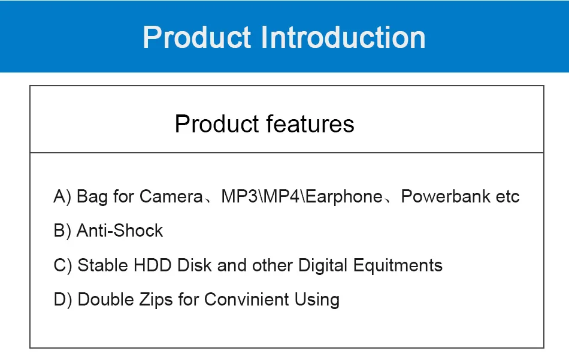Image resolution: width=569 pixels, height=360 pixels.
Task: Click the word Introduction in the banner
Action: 343,37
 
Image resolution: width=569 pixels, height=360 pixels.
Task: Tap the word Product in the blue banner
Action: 196,37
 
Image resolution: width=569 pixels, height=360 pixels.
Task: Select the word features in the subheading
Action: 310,124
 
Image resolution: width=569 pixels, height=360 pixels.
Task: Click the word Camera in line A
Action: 171,196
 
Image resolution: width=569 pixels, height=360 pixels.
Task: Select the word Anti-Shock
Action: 120,231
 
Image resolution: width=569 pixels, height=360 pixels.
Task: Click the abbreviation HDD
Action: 152,265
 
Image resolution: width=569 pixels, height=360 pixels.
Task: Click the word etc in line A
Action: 507,196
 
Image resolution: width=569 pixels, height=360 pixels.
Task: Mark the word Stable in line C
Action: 102,265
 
